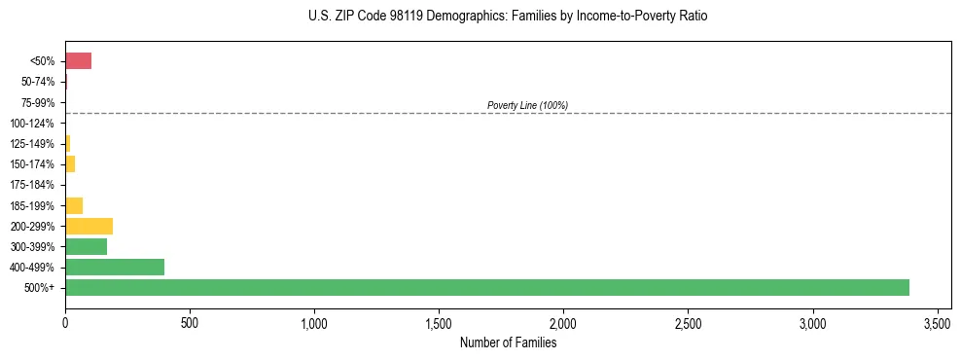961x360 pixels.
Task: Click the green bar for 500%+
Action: (486, 287)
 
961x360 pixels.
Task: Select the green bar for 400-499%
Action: (115, 267)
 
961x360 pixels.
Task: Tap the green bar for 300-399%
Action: (86, 246)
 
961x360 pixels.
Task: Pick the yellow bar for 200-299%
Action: (89, 226)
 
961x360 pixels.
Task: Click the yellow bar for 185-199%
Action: (74, 205)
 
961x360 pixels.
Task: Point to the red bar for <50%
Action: (78, 61)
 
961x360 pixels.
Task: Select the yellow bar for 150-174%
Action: (70, 164)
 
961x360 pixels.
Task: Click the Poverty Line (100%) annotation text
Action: (527, 105)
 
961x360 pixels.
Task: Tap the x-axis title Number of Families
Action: (509, 342)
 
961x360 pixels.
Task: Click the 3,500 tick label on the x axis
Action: (937, 322)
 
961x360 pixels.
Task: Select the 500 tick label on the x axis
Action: (190, 322)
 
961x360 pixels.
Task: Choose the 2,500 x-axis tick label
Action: (688, 322)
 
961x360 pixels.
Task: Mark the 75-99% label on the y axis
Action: (38, 103)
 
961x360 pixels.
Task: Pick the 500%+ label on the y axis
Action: (42, 288)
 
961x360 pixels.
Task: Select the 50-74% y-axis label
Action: (38, 82)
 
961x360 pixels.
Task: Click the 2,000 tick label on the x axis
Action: (563, 322)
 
